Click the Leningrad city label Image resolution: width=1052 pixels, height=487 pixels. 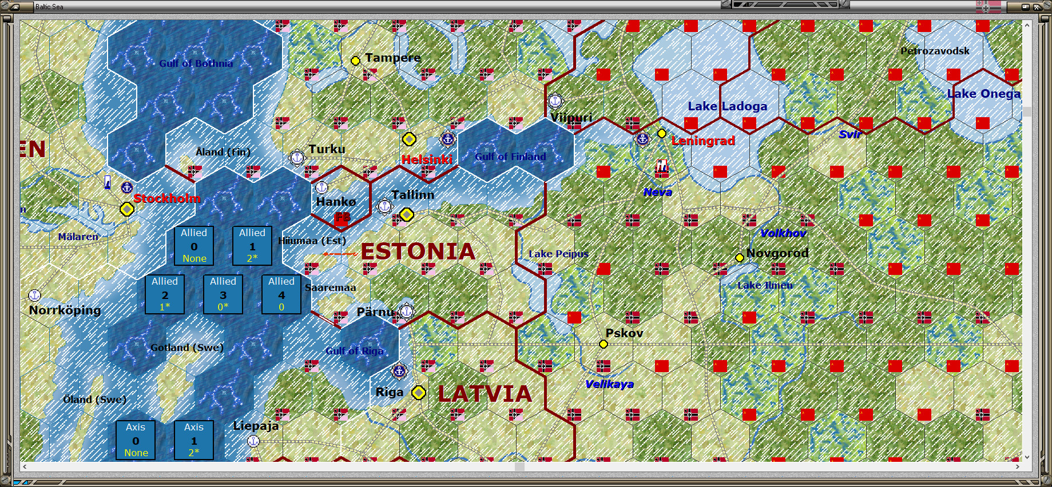click(703, 141)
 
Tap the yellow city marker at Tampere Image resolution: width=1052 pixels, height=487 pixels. click(355, 61)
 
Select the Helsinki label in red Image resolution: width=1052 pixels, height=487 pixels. click(427, 159)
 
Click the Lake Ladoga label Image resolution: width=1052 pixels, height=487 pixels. click(727, 106)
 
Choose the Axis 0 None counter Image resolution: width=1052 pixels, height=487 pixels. click(136, 440)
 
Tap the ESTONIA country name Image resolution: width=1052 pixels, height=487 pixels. click(418, 252)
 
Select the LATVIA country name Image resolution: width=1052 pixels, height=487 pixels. click(485, 394)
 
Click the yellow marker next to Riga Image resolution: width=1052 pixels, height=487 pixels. click(419, 393)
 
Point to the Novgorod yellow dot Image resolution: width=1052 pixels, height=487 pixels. click(739, 258)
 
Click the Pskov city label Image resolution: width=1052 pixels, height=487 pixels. click(624, 333)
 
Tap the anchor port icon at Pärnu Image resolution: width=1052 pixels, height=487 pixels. click(407, 312)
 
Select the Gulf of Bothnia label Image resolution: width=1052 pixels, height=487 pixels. click(196, 63)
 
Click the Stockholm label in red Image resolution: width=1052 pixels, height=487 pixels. click(167, 198)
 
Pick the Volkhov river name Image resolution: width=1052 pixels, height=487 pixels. click(783, 233)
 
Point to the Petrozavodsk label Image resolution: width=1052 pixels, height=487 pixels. click(935, 51)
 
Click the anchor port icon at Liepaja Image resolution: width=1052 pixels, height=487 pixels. click(253, 441)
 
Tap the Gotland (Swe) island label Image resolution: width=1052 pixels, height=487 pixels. click(187, 348)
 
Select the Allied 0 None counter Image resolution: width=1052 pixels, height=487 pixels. click(194, 246)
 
